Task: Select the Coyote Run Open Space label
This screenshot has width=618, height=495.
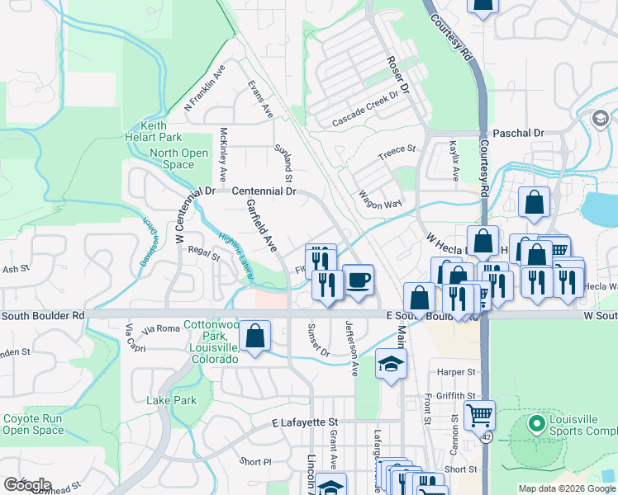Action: [33, 424]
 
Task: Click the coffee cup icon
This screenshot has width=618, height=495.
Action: [358, 280]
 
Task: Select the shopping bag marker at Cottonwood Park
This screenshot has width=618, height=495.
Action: [256, 336]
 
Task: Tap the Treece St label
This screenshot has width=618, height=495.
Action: [397, 153]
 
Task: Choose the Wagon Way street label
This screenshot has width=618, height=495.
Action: [380, 200]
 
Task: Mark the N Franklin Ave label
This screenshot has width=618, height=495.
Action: [204, 88]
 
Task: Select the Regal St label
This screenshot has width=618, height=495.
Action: [203, 253]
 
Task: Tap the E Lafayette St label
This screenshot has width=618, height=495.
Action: [306, 422]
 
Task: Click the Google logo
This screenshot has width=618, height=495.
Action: [27, 485]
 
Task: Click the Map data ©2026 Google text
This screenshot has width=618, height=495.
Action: [566, 488]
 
